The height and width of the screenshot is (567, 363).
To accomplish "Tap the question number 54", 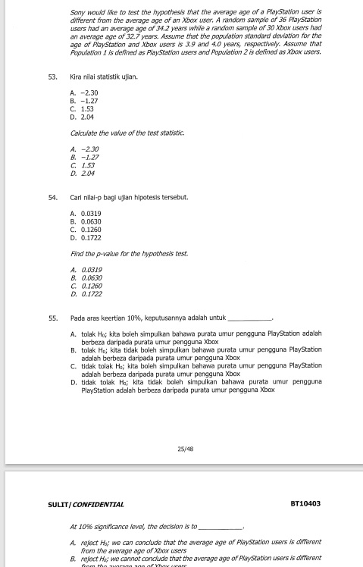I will coord(52,197).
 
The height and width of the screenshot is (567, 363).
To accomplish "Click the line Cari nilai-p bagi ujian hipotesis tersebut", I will coord(129,197).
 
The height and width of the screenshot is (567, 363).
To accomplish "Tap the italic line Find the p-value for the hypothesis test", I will coord(117,252).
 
